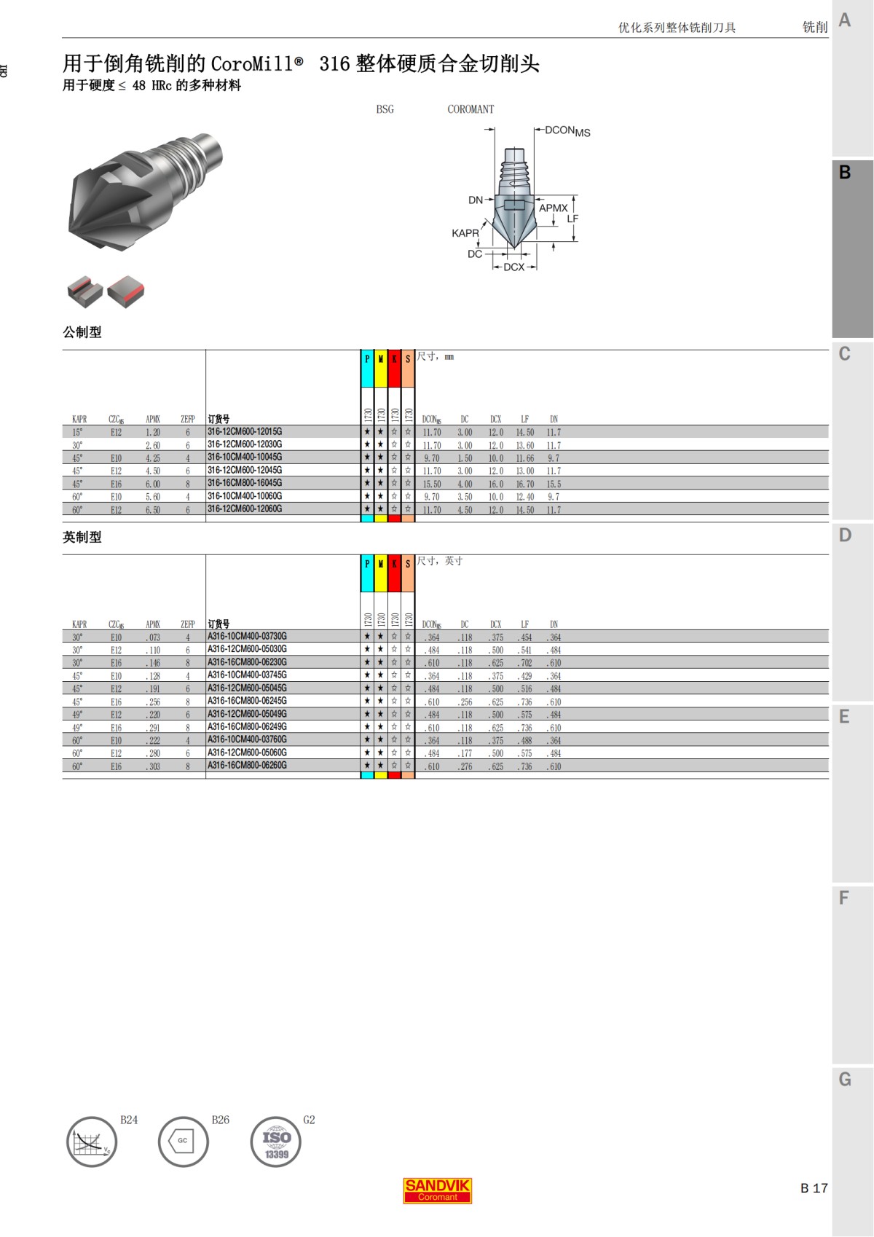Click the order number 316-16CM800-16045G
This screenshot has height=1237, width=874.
(x=245, y=483)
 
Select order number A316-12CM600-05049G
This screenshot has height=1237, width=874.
(x=247, y=714)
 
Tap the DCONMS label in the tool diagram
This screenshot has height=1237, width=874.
(x=567, y=130)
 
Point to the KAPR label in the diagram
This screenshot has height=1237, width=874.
(x=465, y=233)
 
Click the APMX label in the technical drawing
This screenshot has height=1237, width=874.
(x=553, y=208)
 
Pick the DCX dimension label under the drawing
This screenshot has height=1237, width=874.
(x=513, y=267)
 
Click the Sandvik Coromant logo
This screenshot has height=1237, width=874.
(x=437, y=1190)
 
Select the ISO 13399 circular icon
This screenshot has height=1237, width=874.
(x=276, y=1142)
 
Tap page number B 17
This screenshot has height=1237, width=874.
(x=814, y=1188)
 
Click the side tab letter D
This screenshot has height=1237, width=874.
(x=845, y=535)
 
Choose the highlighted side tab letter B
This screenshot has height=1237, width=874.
(x=845, y=173)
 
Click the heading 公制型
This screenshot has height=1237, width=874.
(x=82, y=332)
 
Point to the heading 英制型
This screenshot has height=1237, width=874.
(x=82, y=537)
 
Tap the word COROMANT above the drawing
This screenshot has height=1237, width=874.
(x=471, y=109)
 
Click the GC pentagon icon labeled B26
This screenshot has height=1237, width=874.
(x=183, y=1141)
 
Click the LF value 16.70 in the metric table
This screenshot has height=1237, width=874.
(x=524, y=484)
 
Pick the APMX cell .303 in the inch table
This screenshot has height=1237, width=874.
(x=153, y=766)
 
